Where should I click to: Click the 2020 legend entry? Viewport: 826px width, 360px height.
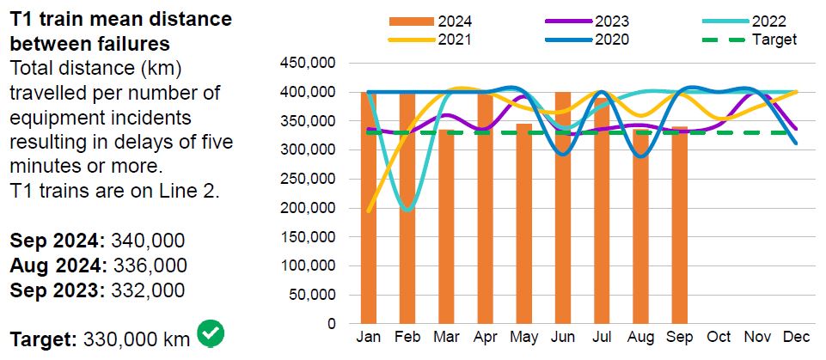click(x=611, y=39)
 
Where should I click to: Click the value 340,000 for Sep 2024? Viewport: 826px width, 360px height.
click(x=138, y=241)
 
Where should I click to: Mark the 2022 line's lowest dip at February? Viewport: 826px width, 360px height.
click(x=407, y=210)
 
